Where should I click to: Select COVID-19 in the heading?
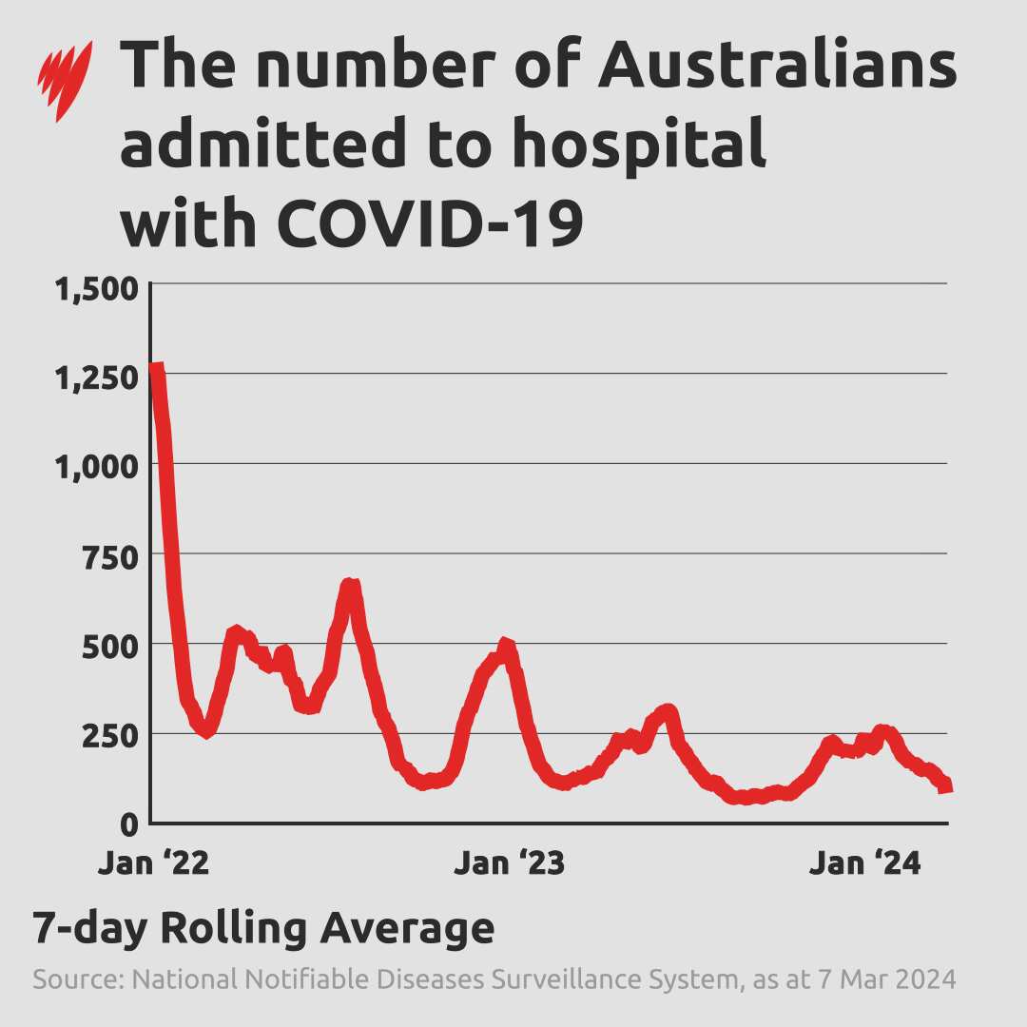point(428,225)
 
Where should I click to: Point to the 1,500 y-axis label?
point(98,289)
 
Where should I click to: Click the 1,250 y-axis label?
point(98,378)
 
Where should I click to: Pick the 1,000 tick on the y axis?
point(98,469)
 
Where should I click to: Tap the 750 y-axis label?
point(110,558)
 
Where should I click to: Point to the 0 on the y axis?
point(131,824)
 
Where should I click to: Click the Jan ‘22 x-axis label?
point(153,864)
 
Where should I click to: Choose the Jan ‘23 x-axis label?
point(510,864)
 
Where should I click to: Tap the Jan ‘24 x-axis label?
point(865,864)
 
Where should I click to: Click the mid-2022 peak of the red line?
point(350,585)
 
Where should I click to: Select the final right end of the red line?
point(946,786)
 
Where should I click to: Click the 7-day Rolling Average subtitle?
point(263,928)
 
